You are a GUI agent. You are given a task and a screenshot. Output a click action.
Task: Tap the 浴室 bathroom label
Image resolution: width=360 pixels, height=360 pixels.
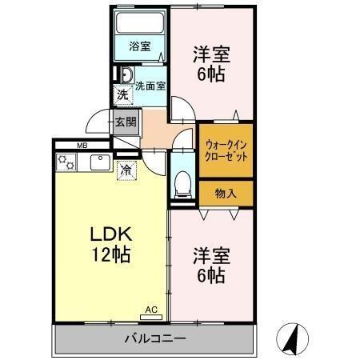140,46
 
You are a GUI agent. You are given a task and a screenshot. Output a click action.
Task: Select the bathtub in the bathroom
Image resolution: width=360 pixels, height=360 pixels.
140,23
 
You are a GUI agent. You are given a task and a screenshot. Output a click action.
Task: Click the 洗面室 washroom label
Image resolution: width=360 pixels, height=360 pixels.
150,86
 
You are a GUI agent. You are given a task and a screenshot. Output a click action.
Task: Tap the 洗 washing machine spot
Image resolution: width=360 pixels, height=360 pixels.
122,96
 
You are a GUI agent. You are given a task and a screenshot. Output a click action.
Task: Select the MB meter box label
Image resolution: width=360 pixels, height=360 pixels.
82,146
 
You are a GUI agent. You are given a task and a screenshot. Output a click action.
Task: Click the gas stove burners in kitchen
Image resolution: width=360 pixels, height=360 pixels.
66,162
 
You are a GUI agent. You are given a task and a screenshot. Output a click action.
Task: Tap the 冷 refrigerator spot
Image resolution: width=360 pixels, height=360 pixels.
126,169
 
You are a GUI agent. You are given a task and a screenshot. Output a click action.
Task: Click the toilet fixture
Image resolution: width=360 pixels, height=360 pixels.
182,183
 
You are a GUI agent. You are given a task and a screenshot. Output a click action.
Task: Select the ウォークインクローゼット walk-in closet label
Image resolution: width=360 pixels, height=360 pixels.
226,150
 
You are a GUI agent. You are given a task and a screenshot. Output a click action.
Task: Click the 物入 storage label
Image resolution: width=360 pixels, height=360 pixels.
226,193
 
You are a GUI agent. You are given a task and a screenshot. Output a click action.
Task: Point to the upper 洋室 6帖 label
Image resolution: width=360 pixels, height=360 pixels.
212,64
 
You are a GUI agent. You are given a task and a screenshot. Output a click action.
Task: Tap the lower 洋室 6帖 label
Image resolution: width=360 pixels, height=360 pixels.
212,266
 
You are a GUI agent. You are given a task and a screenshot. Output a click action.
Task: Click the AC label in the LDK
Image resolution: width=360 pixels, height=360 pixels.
151,309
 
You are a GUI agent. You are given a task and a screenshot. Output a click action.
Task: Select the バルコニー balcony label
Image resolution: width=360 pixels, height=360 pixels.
154,338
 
